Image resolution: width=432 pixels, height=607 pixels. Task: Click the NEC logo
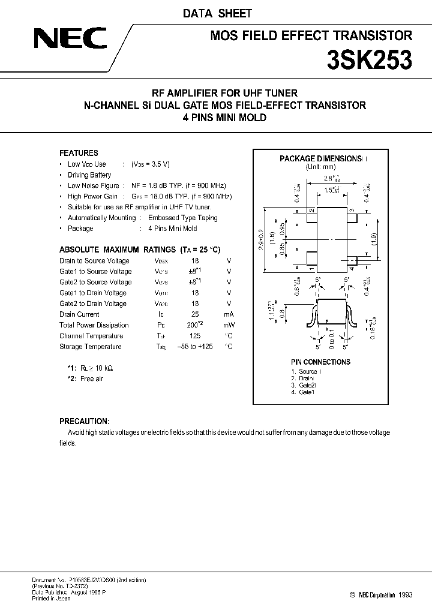(x=69, y=40)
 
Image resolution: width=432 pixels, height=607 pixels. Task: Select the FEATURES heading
(x=79, y=153)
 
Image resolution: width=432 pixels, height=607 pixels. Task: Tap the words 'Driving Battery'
(x=89, y=175)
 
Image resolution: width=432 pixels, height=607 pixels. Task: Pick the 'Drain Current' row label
(x=79, y=314)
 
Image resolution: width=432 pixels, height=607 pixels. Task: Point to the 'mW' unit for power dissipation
(x=228, y=325)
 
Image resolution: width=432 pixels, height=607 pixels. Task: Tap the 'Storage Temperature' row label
(x=91, y=347)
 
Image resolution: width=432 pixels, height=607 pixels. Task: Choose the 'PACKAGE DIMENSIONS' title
(x=319, y=159)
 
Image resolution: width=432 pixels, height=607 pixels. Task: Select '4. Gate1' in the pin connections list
(x=303, y=392)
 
